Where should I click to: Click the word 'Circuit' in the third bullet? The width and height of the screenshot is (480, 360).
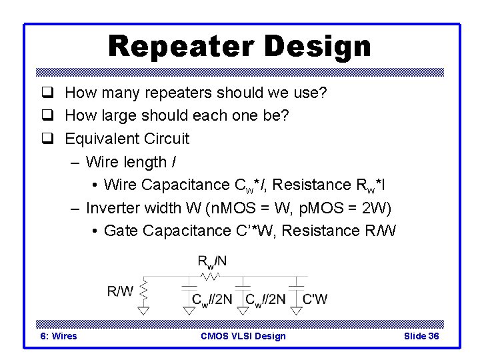pyautogui.click(x=164, y=139)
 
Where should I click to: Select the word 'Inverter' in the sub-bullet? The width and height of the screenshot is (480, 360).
pyautogui.click(x=113, y=208)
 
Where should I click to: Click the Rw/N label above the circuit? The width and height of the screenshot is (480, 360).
pyautogui.click(x=212, y=261)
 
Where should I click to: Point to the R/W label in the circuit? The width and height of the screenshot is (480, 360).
pyautogui.click(x=120, y=291)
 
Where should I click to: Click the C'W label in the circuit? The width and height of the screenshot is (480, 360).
pyautogui.click(x=315, y=299)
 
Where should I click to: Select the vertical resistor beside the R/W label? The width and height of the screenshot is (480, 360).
pyautogui.click(x=143, y=291)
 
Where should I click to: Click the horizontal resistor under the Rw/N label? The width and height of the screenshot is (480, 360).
pyautogui.click(x=211, y=275)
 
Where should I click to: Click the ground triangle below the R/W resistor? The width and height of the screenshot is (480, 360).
pyautogui.click(x=143, y=310)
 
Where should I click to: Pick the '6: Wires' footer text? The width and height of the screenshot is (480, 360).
pyautogui.click(x=59, y=336)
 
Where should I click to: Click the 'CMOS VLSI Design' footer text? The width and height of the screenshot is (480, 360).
pyautogui.click(x=243, y=336)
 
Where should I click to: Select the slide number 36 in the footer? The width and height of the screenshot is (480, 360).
pyautogui.click(x=433, y=336)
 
